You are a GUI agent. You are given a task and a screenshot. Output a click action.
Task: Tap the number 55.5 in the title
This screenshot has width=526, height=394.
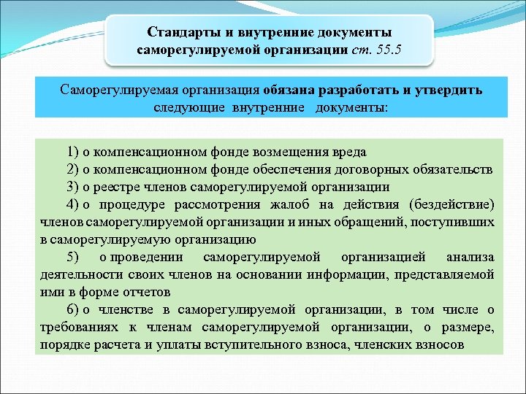389,50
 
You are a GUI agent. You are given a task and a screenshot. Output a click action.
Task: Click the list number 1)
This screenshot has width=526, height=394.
72,152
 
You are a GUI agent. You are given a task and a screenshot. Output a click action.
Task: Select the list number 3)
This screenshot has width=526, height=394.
72,187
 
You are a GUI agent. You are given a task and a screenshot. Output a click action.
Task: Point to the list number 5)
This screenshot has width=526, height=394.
72,257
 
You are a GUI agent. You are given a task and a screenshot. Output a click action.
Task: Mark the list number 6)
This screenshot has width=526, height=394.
72,309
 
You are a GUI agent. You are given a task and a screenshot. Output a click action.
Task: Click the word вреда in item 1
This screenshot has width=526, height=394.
350,152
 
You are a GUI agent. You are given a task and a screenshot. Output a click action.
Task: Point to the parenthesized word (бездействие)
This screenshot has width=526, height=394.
452,204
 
